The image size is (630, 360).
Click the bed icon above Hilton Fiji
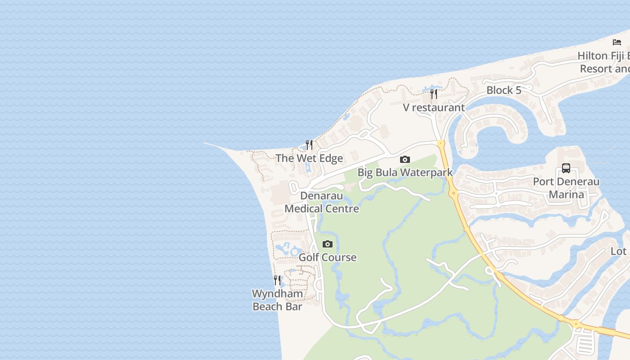point(617,42)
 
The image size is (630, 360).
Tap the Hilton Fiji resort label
point(603,63)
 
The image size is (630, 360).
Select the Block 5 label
point(504,90)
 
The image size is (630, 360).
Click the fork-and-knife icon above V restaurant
point(434,94)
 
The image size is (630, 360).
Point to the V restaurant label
point(433,108)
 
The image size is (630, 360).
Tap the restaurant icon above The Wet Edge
point(309,144)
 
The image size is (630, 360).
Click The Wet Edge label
point(309,158)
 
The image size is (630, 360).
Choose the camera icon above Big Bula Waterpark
point(405,159)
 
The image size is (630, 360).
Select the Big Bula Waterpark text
point(405,172)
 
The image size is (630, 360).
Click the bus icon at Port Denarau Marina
point(566,168)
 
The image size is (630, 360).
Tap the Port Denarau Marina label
point(566,188)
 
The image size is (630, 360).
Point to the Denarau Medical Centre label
point(322,202)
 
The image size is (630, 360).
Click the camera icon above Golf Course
point(328,244)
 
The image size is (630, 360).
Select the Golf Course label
point(328,257)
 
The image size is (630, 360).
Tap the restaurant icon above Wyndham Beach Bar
point(277,280)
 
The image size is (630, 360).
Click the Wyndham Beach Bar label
point(277,300)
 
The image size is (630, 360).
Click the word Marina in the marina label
point(566,194)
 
